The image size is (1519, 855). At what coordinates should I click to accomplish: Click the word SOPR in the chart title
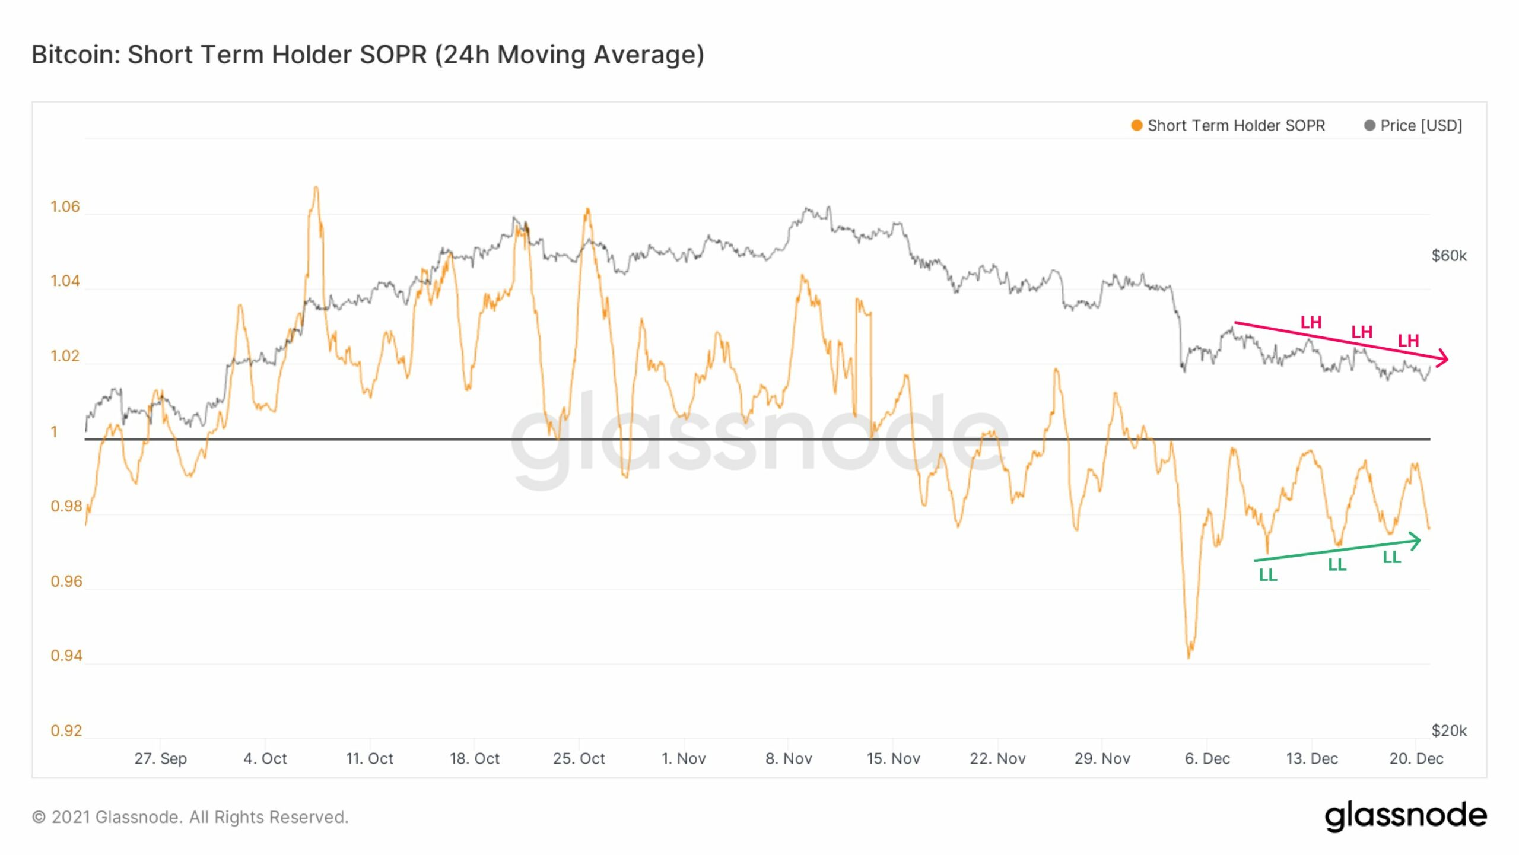(393, 55)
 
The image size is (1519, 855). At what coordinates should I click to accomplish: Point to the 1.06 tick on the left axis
(65, 206)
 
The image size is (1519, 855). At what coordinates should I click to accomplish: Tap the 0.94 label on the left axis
(66, 656)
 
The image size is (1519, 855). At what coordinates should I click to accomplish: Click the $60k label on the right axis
(1448, 256)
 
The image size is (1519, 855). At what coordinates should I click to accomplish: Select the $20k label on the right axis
(1448, 730)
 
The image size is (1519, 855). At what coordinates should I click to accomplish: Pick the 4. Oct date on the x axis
(265, 759)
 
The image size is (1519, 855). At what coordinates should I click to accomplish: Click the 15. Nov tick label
(893, 759)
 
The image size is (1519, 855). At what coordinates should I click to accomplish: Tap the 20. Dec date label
(1416, 759)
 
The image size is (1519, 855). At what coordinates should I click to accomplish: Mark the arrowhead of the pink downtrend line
(1445, 359)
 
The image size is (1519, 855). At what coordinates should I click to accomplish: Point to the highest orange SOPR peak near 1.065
(316, 189)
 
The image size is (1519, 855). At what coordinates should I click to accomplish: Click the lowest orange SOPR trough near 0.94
(1188, 656)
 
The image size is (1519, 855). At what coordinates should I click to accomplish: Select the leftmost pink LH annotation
(1311, 323)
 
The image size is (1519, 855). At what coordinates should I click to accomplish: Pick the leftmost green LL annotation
(1267, 575)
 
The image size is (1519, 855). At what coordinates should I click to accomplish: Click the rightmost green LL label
(1391, 557)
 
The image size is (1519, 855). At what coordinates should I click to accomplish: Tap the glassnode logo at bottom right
(1405, 816)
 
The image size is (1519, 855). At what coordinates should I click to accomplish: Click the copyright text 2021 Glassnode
(190, 818)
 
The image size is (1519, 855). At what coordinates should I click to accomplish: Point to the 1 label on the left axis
(54, 432)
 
